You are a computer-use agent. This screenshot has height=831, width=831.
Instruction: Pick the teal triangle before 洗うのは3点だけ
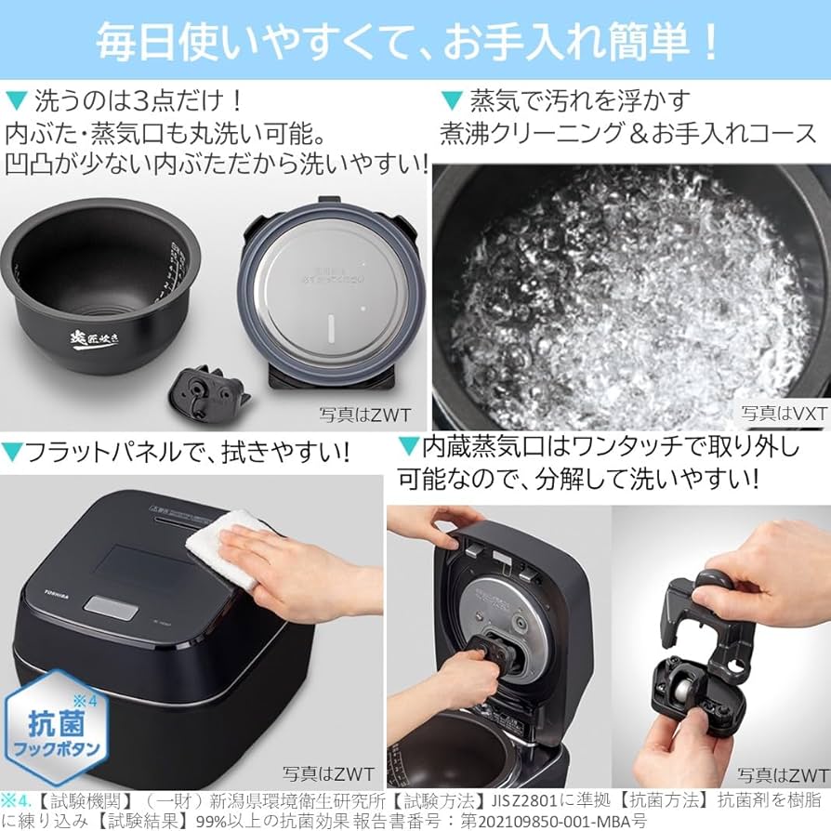click(16, 99)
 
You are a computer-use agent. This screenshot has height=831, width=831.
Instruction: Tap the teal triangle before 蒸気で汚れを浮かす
click(451, 99)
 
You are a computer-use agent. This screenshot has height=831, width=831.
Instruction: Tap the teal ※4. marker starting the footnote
click(17, 799)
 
